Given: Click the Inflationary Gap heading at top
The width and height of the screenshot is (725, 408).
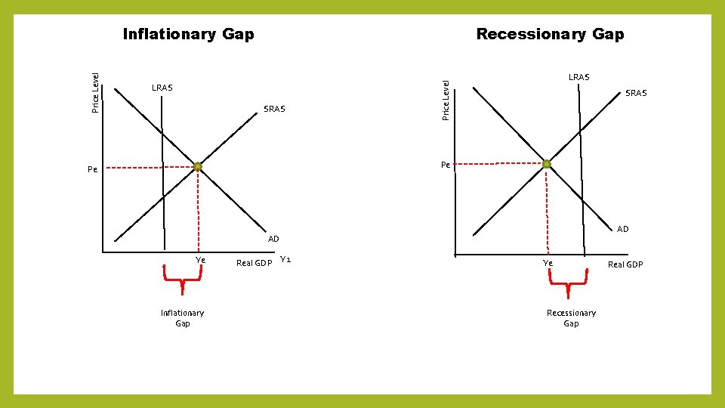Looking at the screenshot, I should (188, 34).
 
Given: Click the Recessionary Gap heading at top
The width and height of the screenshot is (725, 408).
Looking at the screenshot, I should (550, 34).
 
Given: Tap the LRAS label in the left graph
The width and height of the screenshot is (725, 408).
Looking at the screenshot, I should (162, 88).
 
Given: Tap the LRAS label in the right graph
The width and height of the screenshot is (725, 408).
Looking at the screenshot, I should (578, 77).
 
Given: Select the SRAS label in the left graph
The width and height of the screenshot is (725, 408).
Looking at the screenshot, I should (274, 109).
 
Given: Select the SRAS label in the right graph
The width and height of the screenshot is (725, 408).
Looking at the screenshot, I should (636, 93).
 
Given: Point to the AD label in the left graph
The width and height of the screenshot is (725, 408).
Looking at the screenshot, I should (273, 239).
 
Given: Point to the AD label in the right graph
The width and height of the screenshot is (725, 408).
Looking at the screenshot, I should (622, 229).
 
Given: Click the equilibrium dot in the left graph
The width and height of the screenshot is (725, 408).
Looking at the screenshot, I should (197, 167).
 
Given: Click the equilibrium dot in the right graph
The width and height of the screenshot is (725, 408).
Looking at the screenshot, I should (547, 164).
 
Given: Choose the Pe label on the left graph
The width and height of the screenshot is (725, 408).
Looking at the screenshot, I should (92, 170).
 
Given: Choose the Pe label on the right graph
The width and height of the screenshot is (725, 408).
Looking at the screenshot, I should (446, 165).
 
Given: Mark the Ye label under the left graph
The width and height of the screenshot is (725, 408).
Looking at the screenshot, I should (200, 260).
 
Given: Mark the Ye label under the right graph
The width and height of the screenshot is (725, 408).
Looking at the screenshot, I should (548, 263).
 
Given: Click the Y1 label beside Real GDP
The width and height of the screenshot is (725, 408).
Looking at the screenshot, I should (285, 260).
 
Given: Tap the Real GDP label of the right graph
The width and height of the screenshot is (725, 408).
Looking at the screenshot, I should (625, 264).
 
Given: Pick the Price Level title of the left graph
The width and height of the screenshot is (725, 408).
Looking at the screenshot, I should (95, 92).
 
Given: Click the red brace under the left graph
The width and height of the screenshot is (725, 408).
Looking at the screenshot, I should (182, 282).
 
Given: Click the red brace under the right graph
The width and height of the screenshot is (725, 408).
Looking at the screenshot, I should (566, 286).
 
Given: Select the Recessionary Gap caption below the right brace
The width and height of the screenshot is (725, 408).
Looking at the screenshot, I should (571, 318).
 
